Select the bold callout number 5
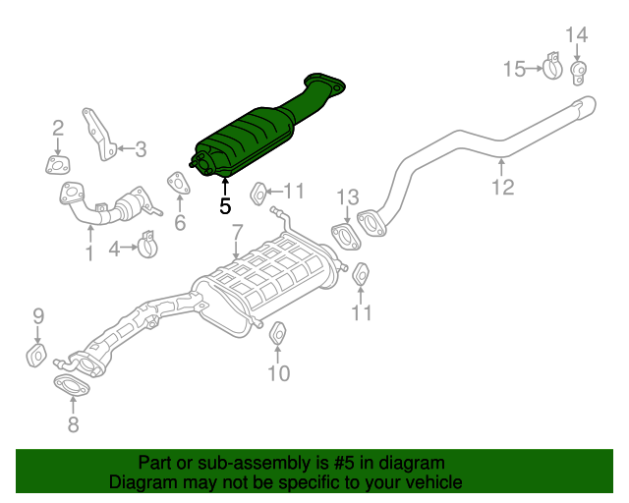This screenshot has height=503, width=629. pyautogui.click(x=225, y=206)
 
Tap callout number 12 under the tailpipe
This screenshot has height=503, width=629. pyautogui.click(x=502, y=187)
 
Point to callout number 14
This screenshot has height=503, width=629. pyautogui.click(x=576, y=35)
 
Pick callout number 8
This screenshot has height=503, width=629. pyautogui.click(x=73, y=425)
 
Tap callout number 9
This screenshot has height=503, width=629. pyautogui.click(x=38, y=315)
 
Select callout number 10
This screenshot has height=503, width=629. pyautogui.click(x=279, y=373)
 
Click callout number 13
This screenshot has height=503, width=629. pyautogui.click(x=348, y=197)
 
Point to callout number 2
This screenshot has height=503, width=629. pyautogui.click(x=58, y=127)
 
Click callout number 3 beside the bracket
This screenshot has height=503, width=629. pyautogui.click(x=141, y=149)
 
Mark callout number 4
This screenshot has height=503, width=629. pyautogui.click(x=115, y=250)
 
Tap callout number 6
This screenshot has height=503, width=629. pyautogui.click(x=180, y=223)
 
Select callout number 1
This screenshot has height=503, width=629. pyautogui.click(x=89, y=254)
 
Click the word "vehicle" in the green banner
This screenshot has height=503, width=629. pyautogui.click(x=429, y=482)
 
